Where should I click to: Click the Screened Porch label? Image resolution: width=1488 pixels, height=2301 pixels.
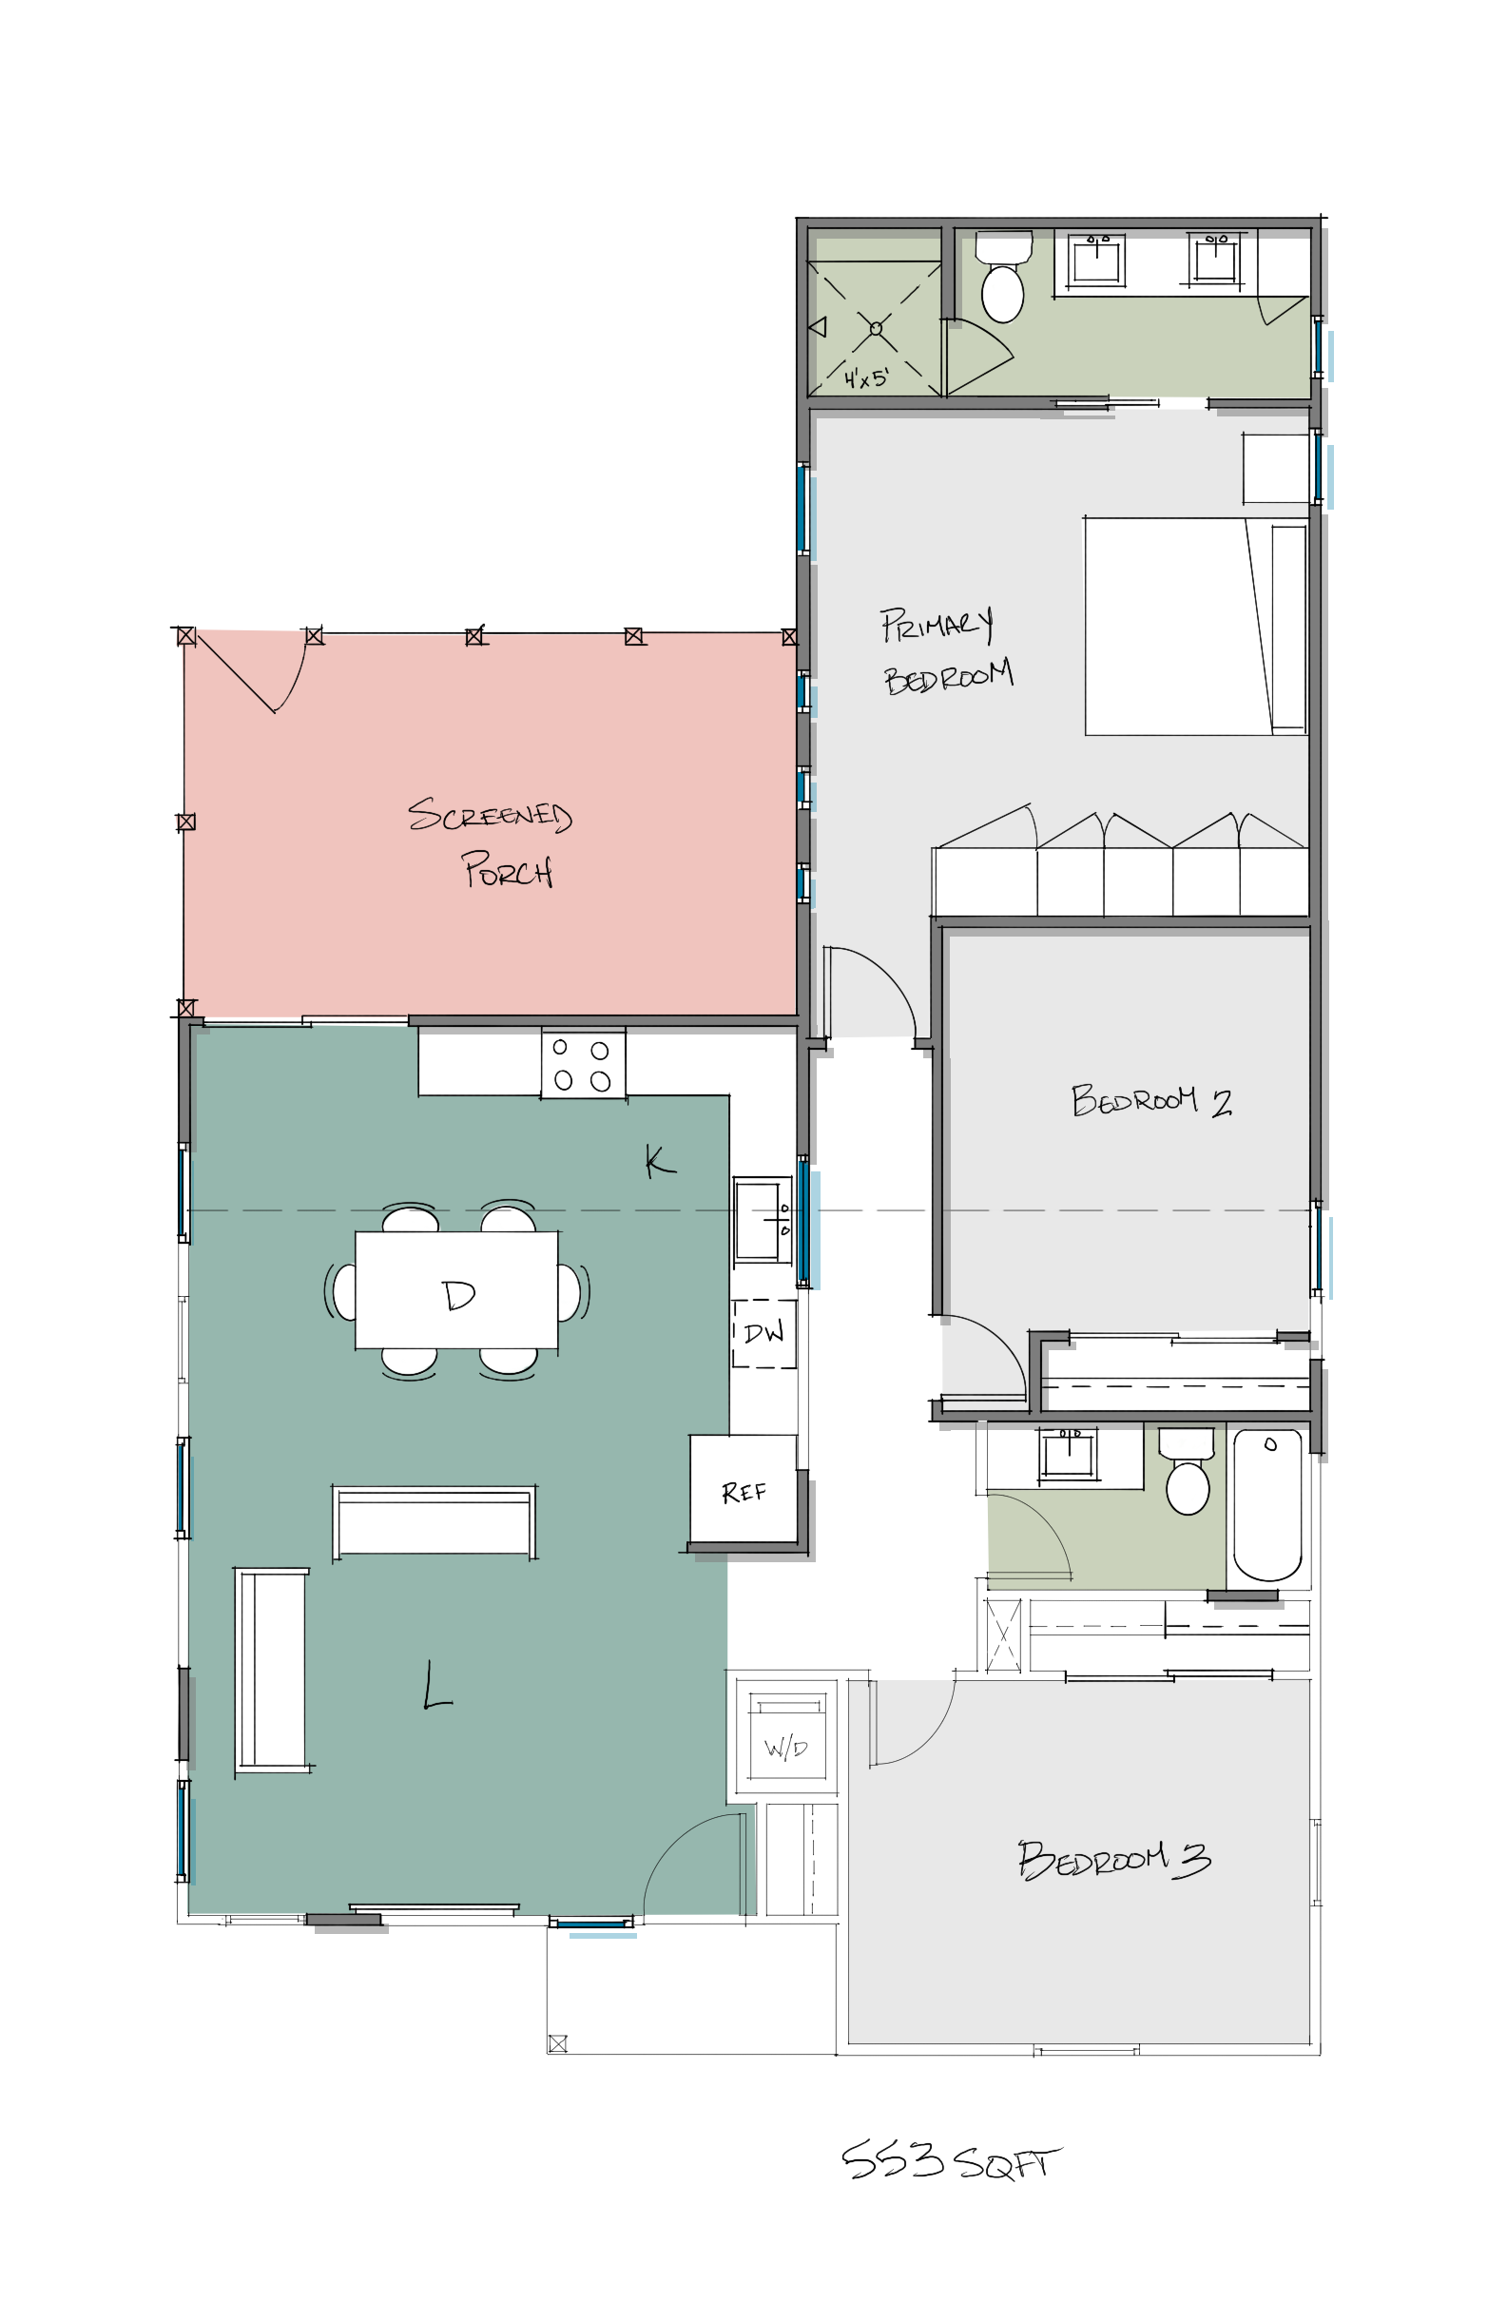coord(491,841)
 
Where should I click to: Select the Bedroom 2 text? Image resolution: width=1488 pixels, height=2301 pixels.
coord(1150,1100)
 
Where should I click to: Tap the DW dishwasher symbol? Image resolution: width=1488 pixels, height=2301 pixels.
coord(763,1333)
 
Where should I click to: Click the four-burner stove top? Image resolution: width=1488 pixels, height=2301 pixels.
coord(583,1065)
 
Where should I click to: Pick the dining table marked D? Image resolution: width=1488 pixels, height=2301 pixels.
coord(456,1289)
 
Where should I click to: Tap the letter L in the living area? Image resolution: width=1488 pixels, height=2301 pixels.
coord(436,1686)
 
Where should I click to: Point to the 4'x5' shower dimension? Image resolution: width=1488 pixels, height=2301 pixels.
coord(865,377)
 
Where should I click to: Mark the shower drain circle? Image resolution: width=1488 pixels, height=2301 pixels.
coord(876,328)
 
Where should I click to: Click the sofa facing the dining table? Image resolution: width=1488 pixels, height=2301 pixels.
coord(434,1521)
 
